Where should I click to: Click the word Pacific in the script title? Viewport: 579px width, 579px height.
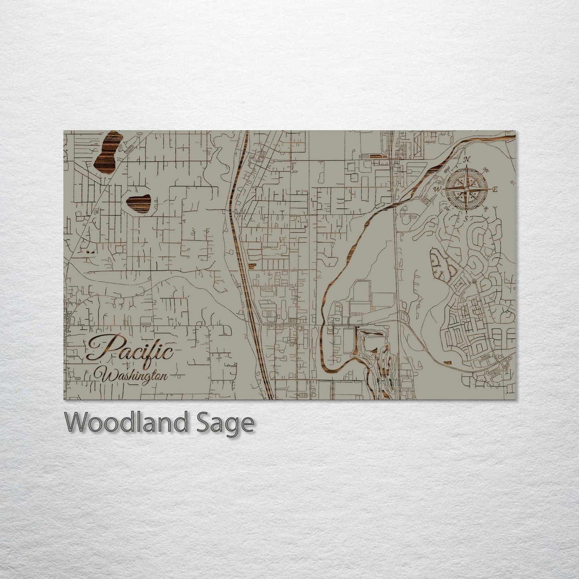(x=130, y=348)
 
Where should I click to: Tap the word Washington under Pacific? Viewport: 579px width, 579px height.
(x=134, y=376)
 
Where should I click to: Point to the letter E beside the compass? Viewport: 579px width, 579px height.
(x=495, y=190)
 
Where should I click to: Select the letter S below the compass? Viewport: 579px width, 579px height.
(x=466, y=218)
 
